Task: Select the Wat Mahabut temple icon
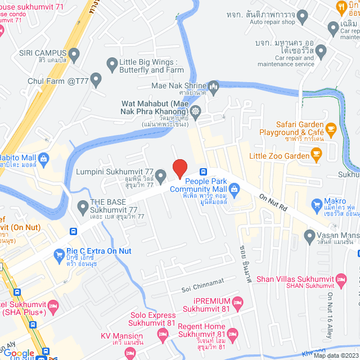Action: pos(195,111)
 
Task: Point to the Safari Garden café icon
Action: pos(331,129)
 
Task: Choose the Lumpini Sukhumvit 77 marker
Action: pos(160,176)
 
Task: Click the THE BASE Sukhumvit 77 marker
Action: pos(83,206)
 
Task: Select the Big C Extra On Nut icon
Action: pos(60,255)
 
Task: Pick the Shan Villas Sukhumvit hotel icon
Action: pos(340,278)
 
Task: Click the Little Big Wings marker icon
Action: pos(110,64)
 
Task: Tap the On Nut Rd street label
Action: pos(273,202)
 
